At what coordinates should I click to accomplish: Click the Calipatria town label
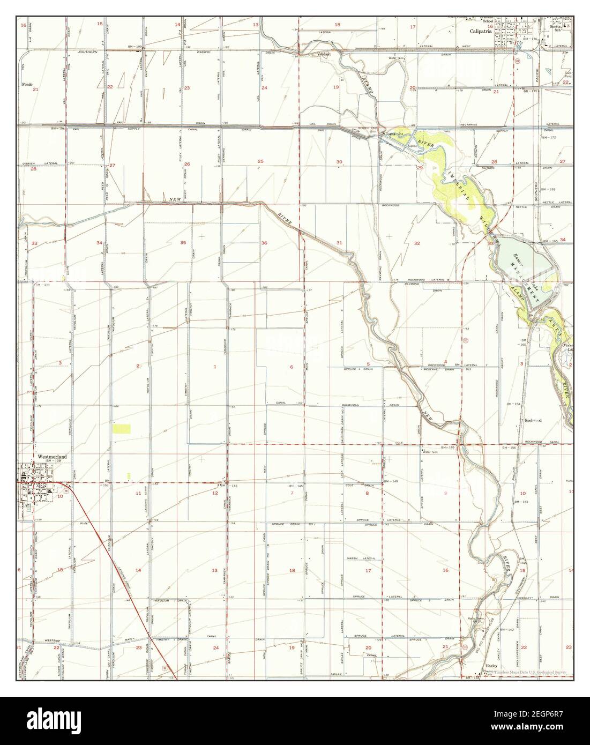pyautogui.click(x=482, y=31)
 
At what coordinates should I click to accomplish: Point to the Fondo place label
pyautogui.click(x=27, y=84)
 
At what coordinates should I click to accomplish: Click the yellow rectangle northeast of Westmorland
pyautogui.click(x=122, y=428)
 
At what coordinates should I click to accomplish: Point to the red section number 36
pyautogui.click(x=264, y=243)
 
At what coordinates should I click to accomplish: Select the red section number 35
pyautogui.click(x=183, y=243)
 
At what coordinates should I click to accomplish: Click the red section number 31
pyautogui.click(x=339, y=243)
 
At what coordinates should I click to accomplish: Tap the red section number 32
pyautogui.click(x=417, y=243)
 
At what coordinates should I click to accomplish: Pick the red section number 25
pyautogui.click(x=260, y=161)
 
